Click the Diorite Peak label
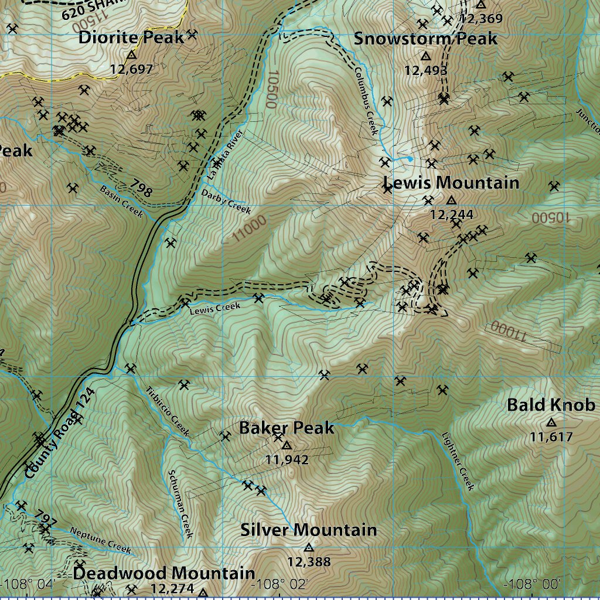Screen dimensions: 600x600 click(131, 38)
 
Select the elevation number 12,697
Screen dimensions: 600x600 click(131, 69)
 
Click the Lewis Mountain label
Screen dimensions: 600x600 click(451, 183)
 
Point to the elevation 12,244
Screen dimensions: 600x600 click(451, 214)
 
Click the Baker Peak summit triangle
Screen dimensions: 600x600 click(287, 445)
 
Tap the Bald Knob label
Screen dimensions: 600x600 click(551, 405)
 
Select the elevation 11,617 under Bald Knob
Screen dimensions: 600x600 click(551, 437)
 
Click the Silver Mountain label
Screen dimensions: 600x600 click(308, 530)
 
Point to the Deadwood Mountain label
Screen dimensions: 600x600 click(164, 573)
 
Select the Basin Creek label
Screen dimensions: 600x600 click(121, 202)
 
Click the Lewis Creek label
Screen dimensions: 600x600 click(215, 308)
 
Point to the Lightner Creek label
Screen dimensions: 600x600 click(458, 461)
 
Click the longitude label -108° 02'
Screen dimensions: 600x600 click(279, 584)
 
